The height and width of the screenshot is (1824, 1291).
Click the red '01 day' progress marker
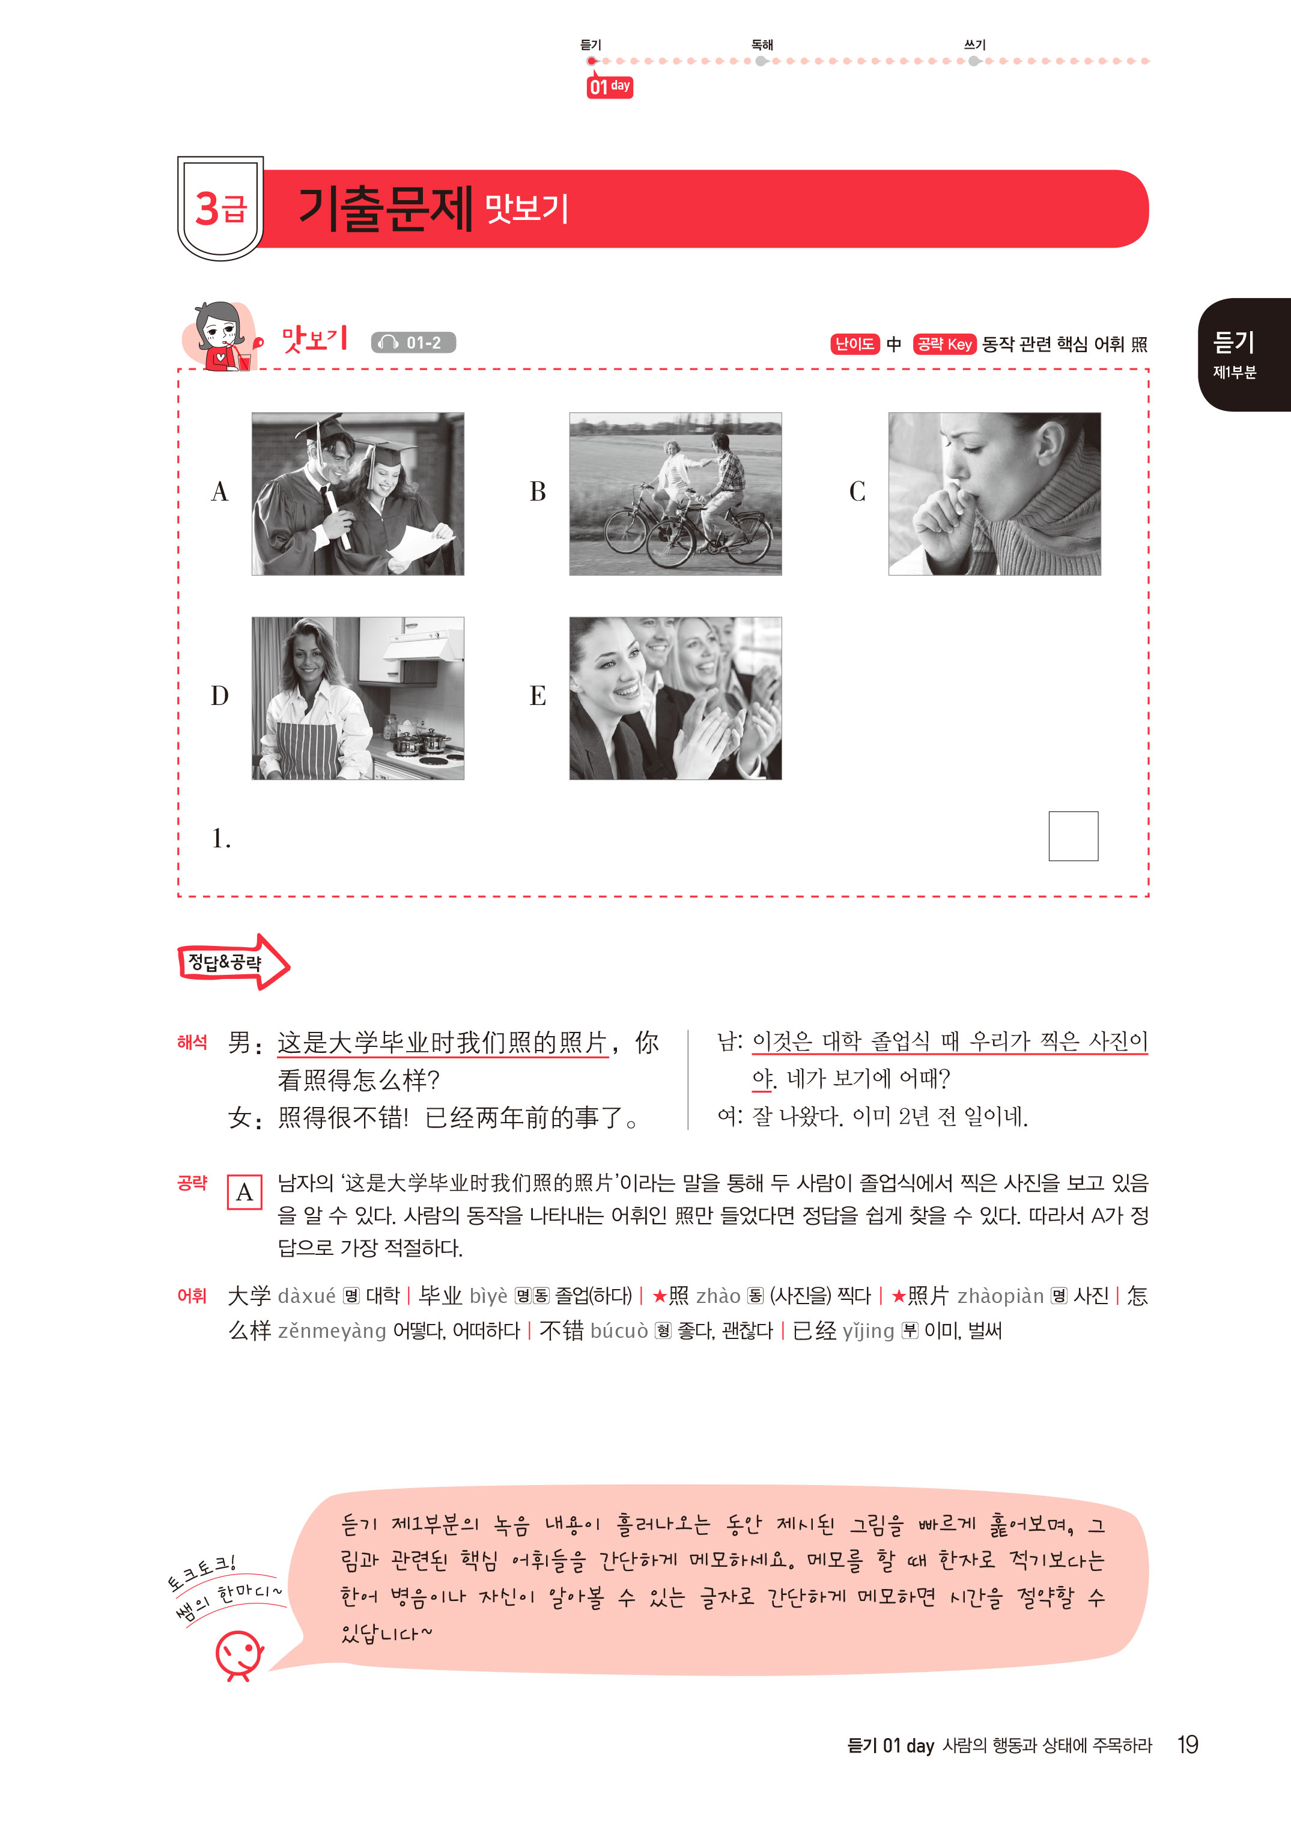[610, 87]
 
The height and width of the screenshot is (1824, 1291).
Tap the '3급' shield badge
[220, 209]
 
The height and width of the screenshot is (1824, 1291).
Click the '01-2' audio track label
[413, 343]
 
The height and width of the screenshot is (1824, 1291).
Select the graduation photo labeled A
[357, 494]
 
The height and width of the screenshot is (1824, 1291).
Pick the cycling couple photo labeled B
[676, 494]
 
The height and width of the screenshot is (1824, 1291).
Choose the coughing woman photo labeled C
[994, 494]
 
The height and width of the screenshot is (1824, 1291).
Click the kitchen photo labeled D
[357, 698]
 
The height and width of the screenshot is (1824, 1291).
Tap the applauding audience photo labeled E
[676, 698]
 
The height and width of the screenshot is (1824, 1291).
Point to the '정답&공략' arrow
[233, 962]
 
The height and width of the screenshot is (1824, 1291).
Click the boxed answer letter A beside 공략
[245, 1192]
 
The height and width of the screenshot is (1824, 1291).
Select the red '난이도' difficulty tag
[855, 344]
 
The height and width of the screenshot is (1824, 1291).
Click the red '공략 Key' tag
[944, 344]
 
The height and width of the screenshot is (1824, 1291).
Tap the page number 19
[1188, 1745]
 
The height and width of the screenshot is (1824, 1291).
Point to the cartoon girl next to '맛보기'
[221, 335]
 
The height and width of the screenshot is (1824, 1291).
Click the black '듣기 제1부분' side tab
[1244, 355]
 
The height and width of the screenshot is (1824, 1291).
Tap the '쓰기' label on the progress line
[974, 45]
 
